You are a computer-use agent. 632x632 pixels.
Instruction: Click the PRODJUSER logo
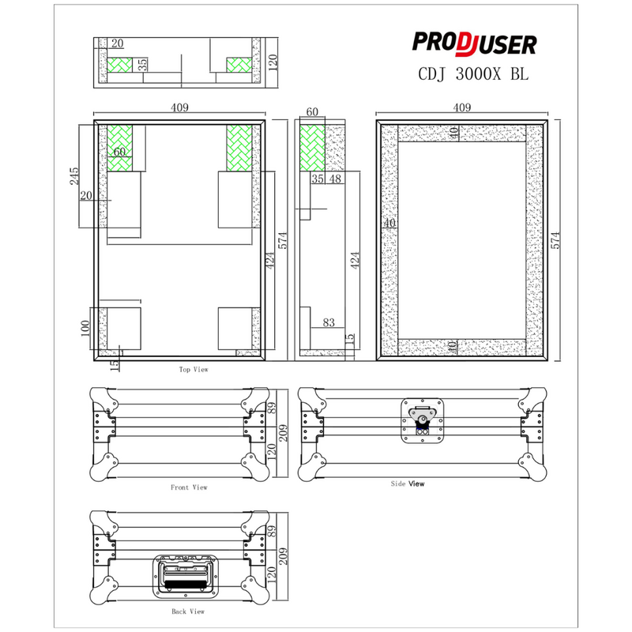tap(476, 44)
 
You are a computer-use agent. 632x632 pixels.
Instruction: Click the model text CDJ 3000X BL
tap(472, 74)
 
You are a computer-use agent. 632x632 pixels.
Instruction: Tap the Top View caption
tap(194, 369)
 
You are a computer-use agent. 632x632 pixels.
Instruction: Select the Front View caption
tap(190, 487)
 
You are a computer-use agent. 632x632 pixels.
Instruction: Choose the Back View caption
tap(188, 611)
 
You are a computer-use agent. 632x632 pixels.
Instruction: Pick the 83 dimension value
tap(329, 322)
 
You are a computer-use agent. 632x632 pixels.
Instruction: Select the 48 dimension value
tap(335, 179)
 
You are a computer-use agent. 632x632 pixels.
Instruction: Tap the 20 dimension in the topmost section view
tap(118, 44)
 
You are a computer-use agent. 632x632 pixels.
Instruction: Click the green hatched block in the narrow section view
tap(312, 149)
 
